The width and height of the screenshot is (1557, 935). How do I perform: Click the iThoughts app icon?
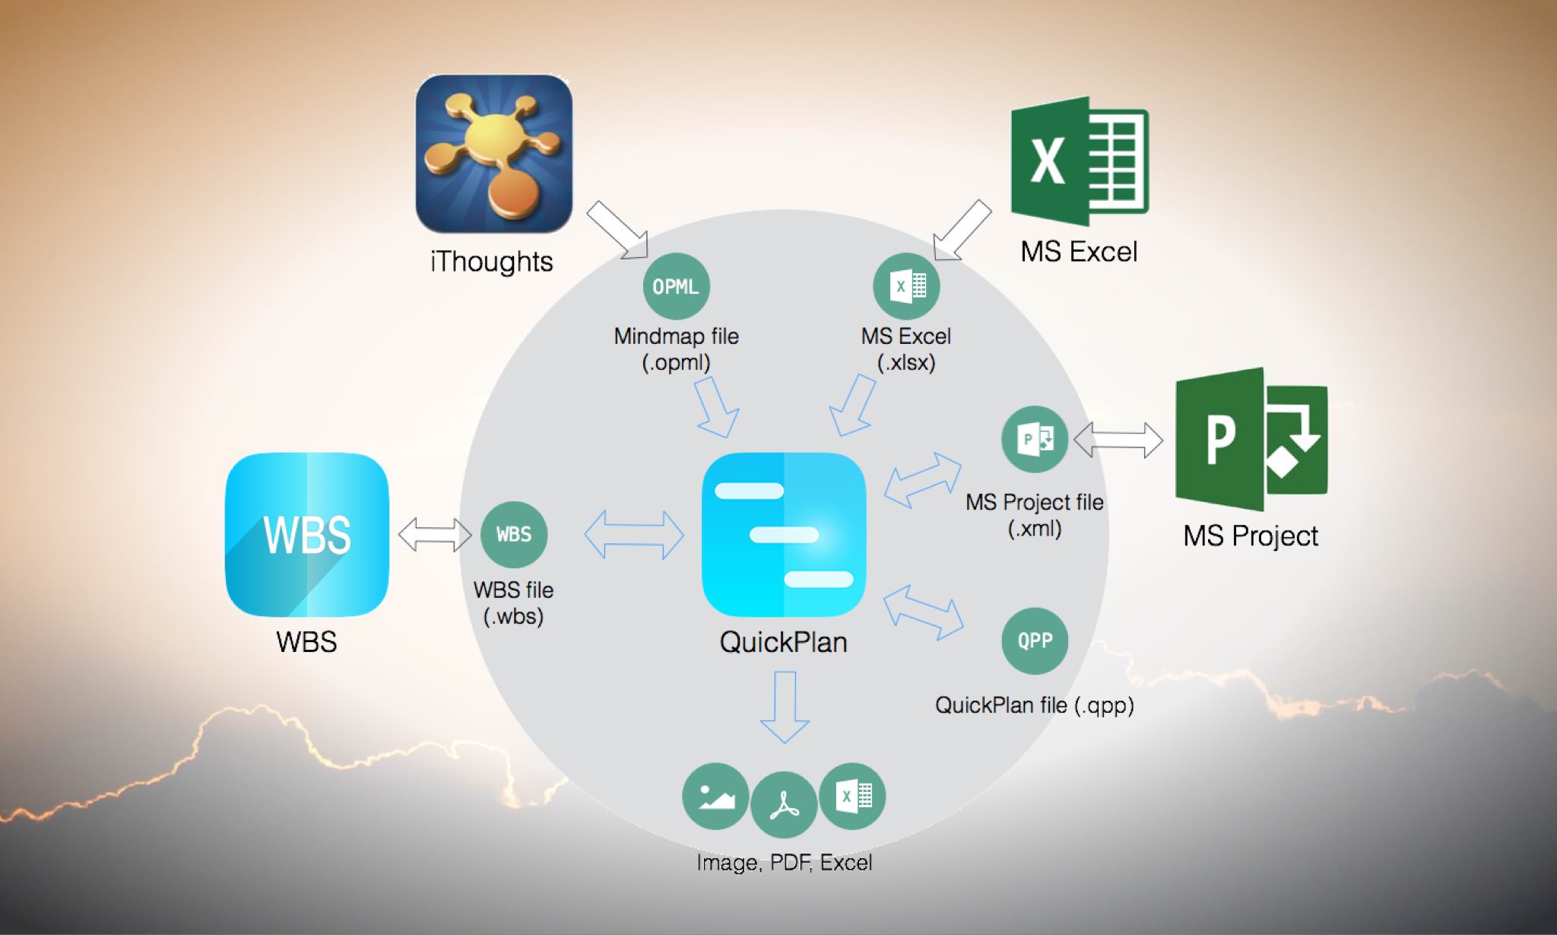(493, 153)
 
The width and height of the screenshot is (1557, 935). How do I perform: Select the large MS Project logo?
(1251, 439)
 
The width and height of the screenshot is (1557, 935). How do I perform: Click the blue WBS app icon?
(307, 535)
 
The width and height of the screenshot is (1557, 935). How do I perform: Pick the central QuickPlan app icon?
(784, 534)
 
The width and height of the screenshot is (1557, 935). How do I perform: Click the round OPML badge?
(676, 287)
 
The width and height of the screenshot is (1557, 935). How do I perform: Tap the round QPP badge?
(1035, 641)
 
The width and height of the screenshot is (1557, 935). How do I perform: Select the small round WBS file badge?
(514, 534)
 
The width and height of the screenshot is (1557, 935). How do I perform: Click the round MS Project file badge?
(1035, 439)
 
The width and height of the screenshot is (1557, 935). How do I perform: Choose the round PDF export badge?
(783, 804)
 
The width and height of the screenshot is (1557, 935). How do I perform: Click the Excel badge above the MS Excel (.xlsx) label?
(906, 287)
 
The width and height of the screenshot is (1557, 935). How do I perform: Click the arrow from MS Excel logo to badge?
(961, 231)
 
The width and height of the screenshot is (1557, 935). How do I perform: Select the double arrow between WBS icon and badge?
(435, 534)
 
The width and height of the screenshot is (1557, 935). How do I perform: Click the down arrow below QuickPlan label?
(785, 706)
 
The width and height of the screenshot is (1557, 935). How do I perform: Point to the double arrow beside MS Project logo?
(1118, 440)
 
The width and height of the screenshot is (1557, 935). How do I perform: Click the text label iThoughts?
(492, 262)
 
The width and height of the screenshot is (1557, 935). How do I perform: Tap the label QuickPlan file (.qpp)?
(1034, 705)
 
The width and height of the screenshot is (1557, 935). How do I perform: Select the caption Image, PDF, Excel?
(784, 863)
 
